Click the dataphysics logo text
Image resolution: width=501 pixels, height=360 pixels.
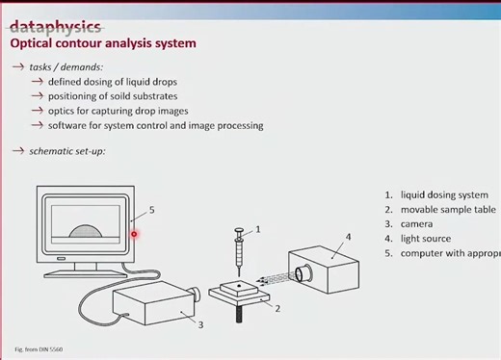(55, 26)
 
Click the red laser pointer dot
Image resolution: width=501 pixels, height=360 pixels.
(134, 233)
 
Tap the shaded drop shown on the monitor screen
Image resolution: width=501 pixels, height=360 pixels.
(86, 231)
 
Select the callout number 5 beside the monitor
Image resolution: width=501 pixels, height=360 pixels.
(151, 209)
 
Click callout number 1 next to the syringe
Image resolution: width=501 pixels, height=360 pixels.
(257, 229)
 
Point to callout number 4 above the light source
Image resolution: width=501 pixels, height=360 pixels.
(348, 236)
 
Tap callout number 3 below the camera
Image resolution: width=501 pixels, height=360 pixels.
(200, 324)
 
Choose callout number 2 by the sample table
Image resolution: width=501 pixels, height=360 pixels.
(277, 308)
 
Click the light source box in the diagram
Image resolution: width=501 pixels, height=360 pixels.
(330, 270)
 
